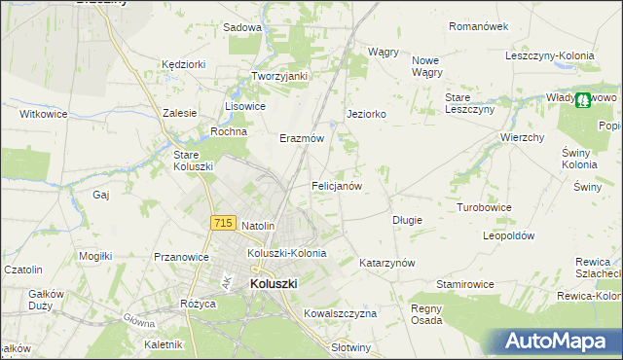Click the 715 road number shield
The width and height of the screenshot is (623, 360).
pyautogui.click(x=222, y=223)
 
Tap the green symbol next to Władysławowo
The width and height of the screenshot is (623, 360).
pyautogui.click(x=582, y=99)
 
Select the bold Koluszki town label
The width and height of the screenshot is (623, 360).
pyautogui.click(x=274, y=283)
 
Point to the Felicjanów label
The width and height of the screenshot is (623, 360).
pyautogui.click(x=337, y=185)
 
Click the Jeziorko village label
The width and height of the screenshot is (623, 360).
pyautogui.click(x=367, y=114)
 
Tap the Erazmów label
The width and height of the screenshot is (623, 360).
pyautogui.click(x=301, y=138)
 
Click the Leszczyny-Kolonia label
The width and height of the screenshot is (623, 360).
pyautogui.click(x=550, y=55)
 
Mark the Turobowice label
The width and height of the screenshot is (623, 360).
pyautogui.click(x=484, y=208)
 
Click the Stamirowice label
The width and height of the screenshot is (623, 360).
pyautogui.click(x=465, y=284)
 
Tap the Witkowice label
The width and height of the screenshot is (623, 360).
pyautogui.click(x=44, y=114)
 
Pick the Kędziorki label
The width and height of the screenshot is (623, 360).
pyautogui.click(x=184, y=64)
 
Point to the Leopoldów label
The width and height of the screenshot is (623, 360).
pyautogui.click(x=509, y=235)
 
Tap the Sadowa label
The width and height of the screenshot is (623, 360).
pyautogui.click(x=242, y=28)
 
